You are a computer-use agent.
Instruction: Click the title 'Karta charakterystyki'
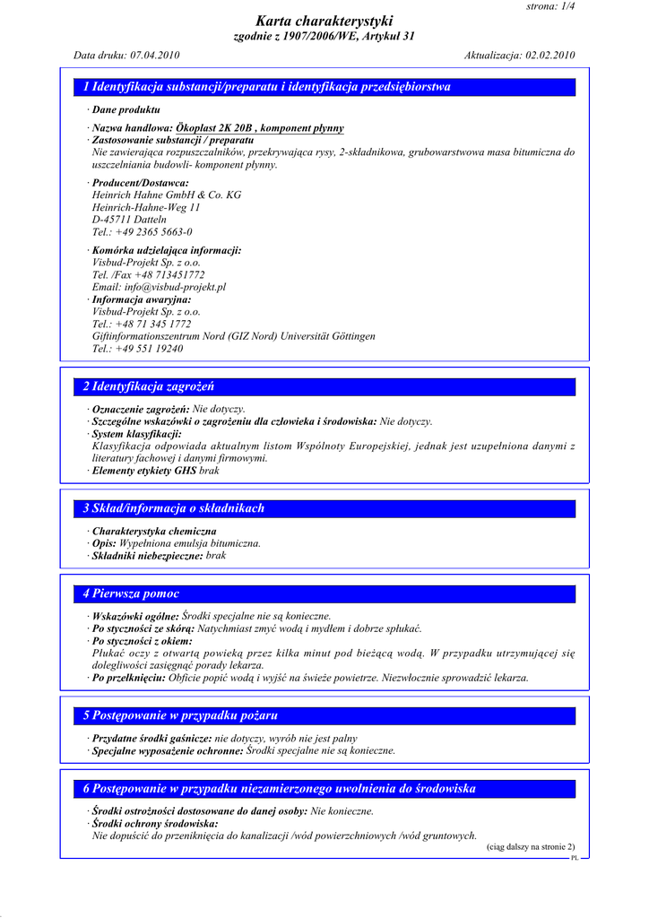pos(324,21)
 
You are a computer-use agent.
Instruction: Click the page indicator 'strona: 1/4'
pos(551,6)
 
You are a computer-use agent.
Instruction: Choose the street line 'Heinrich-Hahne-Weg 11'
pos(146,207)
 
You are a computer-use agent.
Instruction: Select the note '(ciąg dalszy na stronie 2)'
pos(531,847)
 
